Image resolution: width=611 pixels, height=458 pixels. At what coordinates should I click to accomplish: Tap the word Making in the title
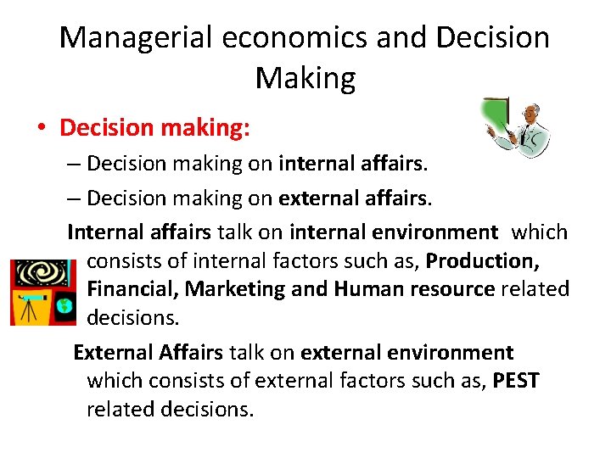[305, 78]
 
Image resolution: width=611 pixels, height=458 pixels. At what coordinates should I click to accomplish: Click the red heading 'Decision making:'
[155, 128]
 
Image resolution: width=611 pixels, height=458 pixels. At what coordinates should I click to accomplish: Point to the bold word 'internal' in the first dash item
[314, 162]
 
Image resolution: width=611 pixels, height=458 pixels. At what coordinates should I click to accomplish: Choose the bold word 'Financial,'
[132, 289]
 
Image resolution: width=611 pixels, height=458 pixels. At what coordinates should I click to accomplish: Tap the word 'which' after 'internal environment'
[540, 232]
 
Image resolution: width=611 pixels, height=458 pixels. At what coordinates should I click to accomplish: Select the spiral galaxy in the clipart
[35, 274]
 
